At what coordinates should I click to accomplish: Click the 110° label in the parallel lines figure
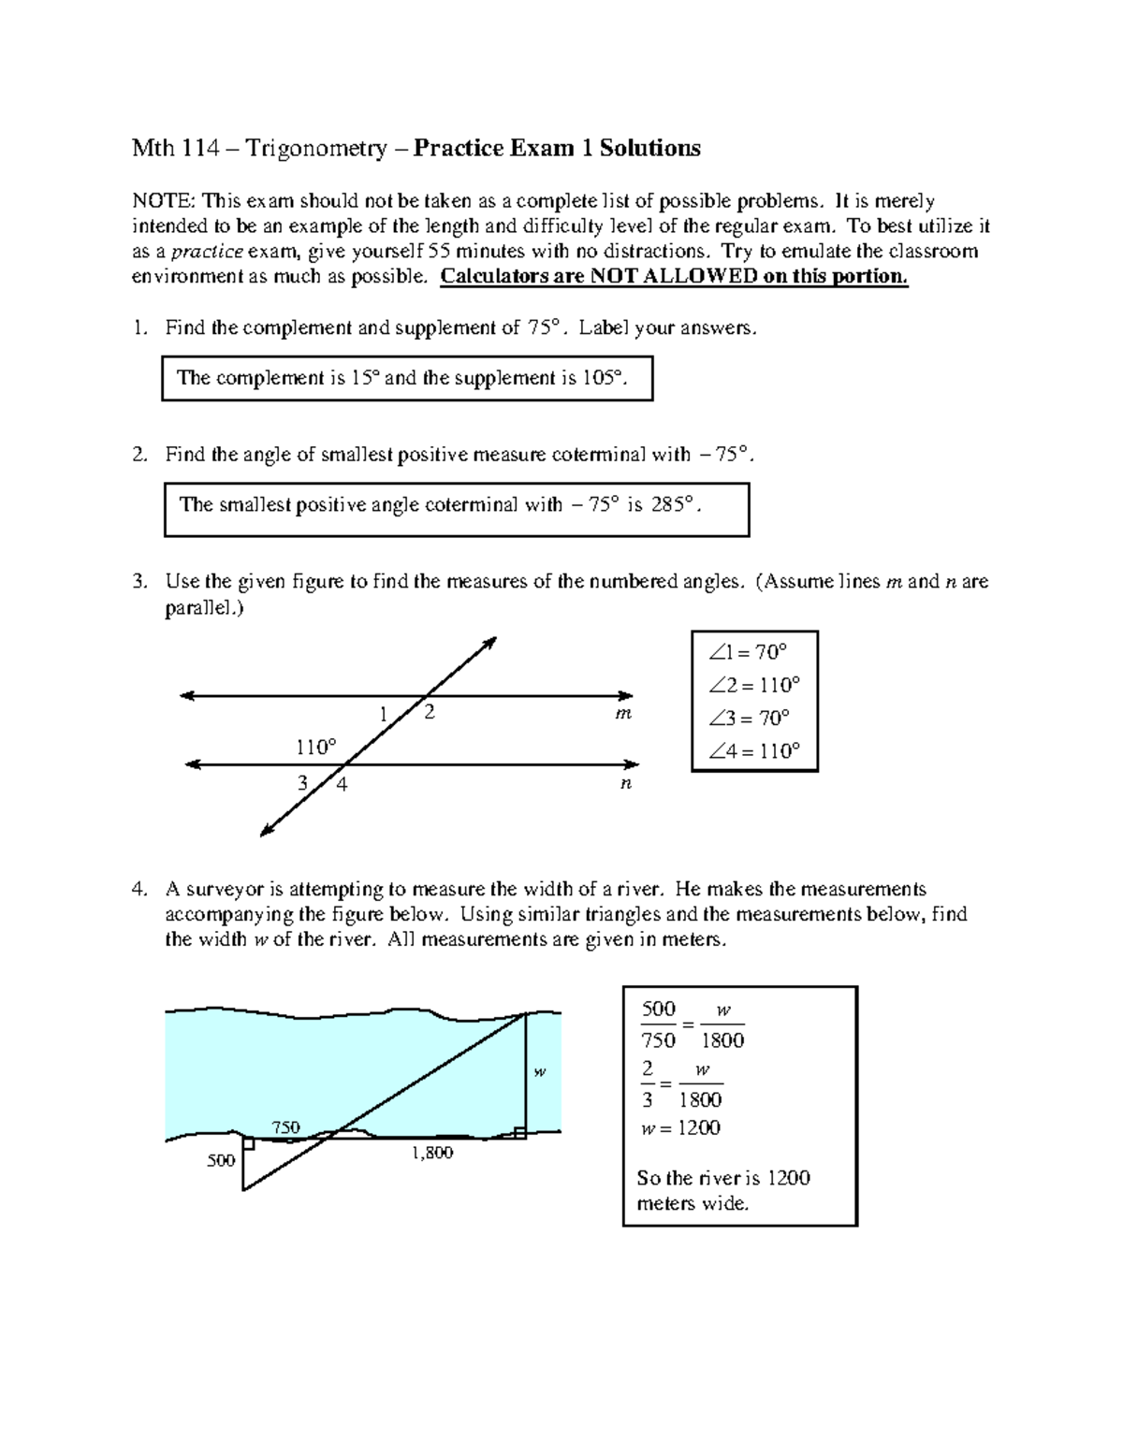pyautogui.click(x=316, y=747)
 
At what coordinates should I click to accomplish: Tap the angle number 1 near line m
pyautogui.click(x=383, y=715)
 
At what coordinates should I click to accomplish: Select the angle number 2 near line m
pyautogui.click(x=429, y=713)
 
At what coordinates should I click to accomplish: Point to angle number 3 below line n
pyautogui.click(x=301, y=783)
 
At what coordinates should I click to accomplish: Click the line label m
pyautogui.click(x=623, y=714)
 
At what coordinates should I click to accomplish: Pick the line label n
pyautogui.click(x=626, y=784)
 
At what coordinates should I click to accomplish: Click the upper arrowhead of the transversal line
pyautogui.click(x=489, y=643)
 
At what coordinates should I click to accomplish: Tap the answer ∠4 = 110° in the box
pyautogui.click(x=754, y=750)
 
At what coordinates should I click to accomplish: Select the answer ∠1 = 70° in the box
pyautogui.click(x=748, y=652)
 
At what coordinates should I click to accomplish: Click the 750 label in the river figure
pyautogui.click(x=285, y=1127)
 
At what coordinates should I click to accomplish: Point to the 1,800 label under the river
pyautogui.click(x=432, y=1153)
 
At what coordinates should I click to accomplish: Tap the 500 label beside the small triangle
pyautogui.click(x=221, y=1161)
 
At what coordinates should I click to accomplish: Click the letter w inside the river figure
pyautogui.click(x=539, y=1072)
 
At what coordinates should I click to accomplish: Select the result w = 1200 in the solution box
pyautogui.click(x=680, y=1128)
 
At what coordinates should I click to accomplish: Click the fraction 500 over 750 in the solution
pyautogui.click(x=659, y=1024)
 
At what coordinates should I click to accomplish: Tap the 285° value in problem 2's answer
pyautogui.click(x=676, y=505)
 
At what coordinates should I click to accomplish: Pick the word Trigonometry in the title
pyautogui.click(x=316, y=148)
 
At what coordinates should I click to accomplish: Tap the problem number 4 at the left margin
pyautogui.click(x=139, y=889)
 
